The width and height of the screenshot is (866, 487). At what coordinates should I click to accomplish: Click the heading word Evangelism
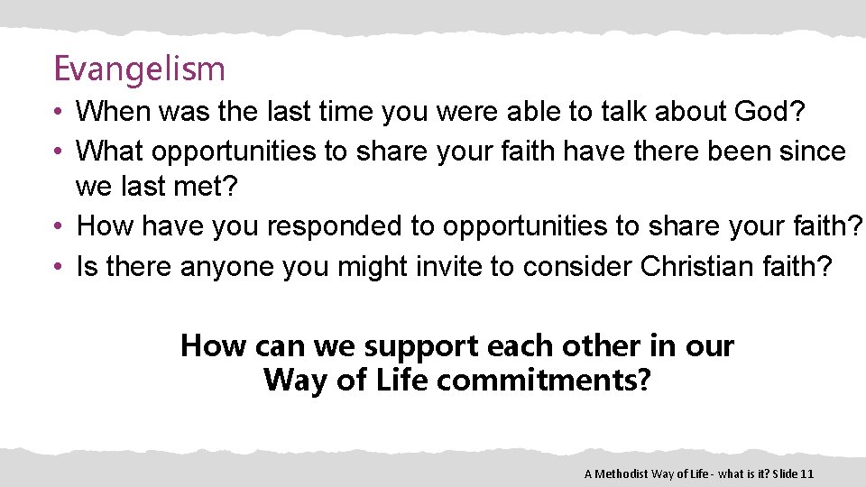[139, 69]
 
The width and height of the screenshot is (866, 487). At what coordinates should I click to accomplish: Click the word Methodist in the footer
[627, 473]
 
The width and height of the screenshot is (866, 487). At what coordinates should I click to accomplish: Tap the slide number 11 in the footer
[807, 473]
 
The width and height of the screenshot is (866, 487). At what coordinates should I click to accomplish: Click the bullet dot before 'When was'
[57, 114]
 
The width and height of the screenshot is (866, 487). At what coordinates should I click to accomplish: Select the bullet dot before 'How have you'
[57, 226]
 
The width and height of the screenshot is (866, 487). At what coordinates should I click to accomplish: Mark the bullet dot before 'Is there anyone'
[57, 267]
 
